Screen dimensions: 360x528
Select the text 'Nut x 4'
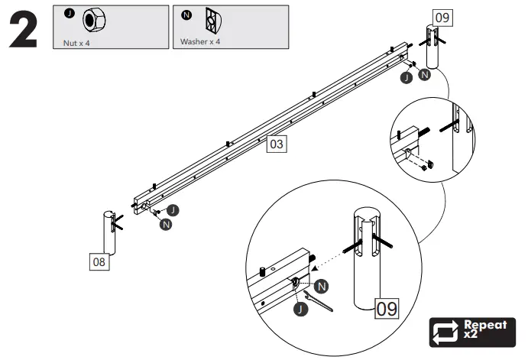coord(76,42)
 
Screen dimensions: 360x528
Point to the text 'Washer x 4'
coord(200,42)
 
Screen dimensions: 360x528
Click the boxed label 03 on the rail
coord(276,144)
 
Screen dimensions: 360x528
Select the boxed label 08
coord(99,262)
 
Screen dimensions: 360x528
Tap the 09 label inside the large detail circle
coord(387,309)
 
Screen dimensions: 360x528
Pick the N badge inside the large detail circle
coord(322,285)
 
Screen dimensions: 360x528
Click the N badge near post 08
coord(166,224)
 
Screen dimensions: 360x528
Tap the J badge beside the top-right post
coord(407,77)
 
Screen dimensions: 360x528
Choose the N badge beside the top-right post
coord(424,75)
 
